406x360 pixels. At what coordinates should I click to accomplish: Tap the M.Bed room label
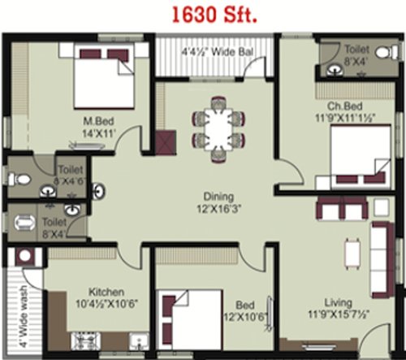coord(95,121)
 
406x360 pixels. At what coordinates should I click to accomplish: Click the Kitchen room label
coord(106,292)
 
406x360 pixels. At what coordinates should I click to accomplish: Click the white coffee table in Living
coord(352,253)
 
